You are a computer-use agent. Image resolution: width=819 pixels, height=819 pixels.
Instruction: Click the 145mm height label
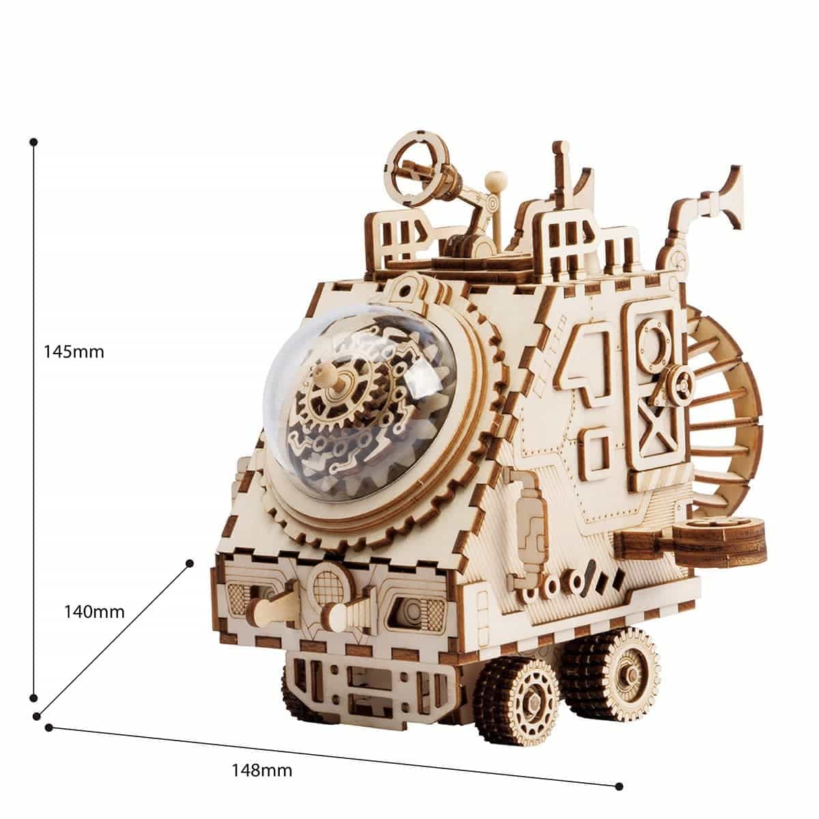[74, 352]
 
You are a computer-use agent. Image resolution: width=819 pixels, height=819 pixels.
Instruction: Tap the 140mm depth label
[94, 612]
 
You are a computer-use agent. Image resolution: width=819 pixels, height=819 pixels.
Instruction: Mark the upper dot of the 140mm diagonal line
[190, 564]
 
